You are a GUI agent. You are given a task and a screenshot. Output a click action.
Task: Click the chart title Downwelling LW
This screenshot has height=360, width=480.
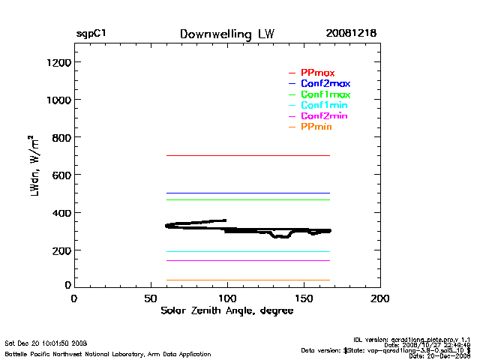226,34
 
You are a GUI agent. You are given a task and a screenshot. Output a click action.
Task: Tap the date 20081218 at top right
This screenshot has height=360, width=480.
351,34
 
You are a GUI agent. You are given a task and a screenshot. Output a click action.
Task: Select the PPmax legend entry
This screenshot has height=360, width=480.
317,73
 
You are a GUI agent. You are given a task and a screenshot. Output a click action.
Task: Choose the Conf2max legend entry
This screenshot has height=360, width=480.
325,83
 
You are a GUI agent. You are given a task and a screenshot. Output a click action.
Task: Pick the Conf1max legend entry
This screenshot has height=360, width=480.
325,94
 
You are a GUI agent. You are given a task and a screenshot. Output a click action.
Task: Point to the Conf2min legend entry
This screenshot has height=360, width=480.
324,116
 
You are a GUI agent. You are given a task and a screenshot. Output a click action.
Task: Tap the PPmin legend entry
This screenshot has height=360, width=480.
316,127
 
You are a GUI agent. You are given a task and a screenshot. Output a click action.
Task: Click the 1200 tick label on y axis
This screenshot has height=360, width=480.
58,62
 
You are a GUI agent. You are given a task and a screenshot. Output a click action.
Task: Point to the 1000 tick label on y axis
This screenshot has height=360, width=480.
58,100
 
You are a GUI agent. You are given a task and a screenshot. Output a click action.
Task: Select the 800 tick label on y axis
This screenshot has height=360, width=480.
60,137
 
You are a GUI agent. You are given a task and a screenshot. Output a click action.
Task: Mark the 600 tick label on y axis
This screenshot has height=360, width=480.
60,175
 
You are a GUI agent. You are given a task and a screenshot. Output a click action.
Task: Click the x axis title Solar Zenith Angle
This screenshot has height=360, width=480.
226,310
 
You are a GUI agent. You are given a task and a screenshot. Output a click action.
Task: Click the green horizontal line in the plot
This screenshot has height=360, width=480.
247,199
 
